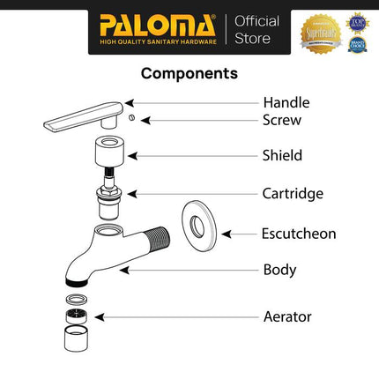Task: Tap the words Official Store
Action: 256,29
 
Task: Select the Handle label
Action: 286,102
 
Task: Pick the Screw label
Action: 282,119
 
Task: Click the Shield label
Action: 282,155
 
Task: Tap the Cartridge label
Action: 293,193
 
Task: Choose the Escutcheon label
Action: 299,234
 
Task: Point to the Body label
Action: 279,269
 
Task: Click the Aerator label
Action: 286,316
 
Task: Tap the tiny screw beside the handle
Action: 130,117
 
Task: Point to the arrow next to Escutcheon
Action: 236,234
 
